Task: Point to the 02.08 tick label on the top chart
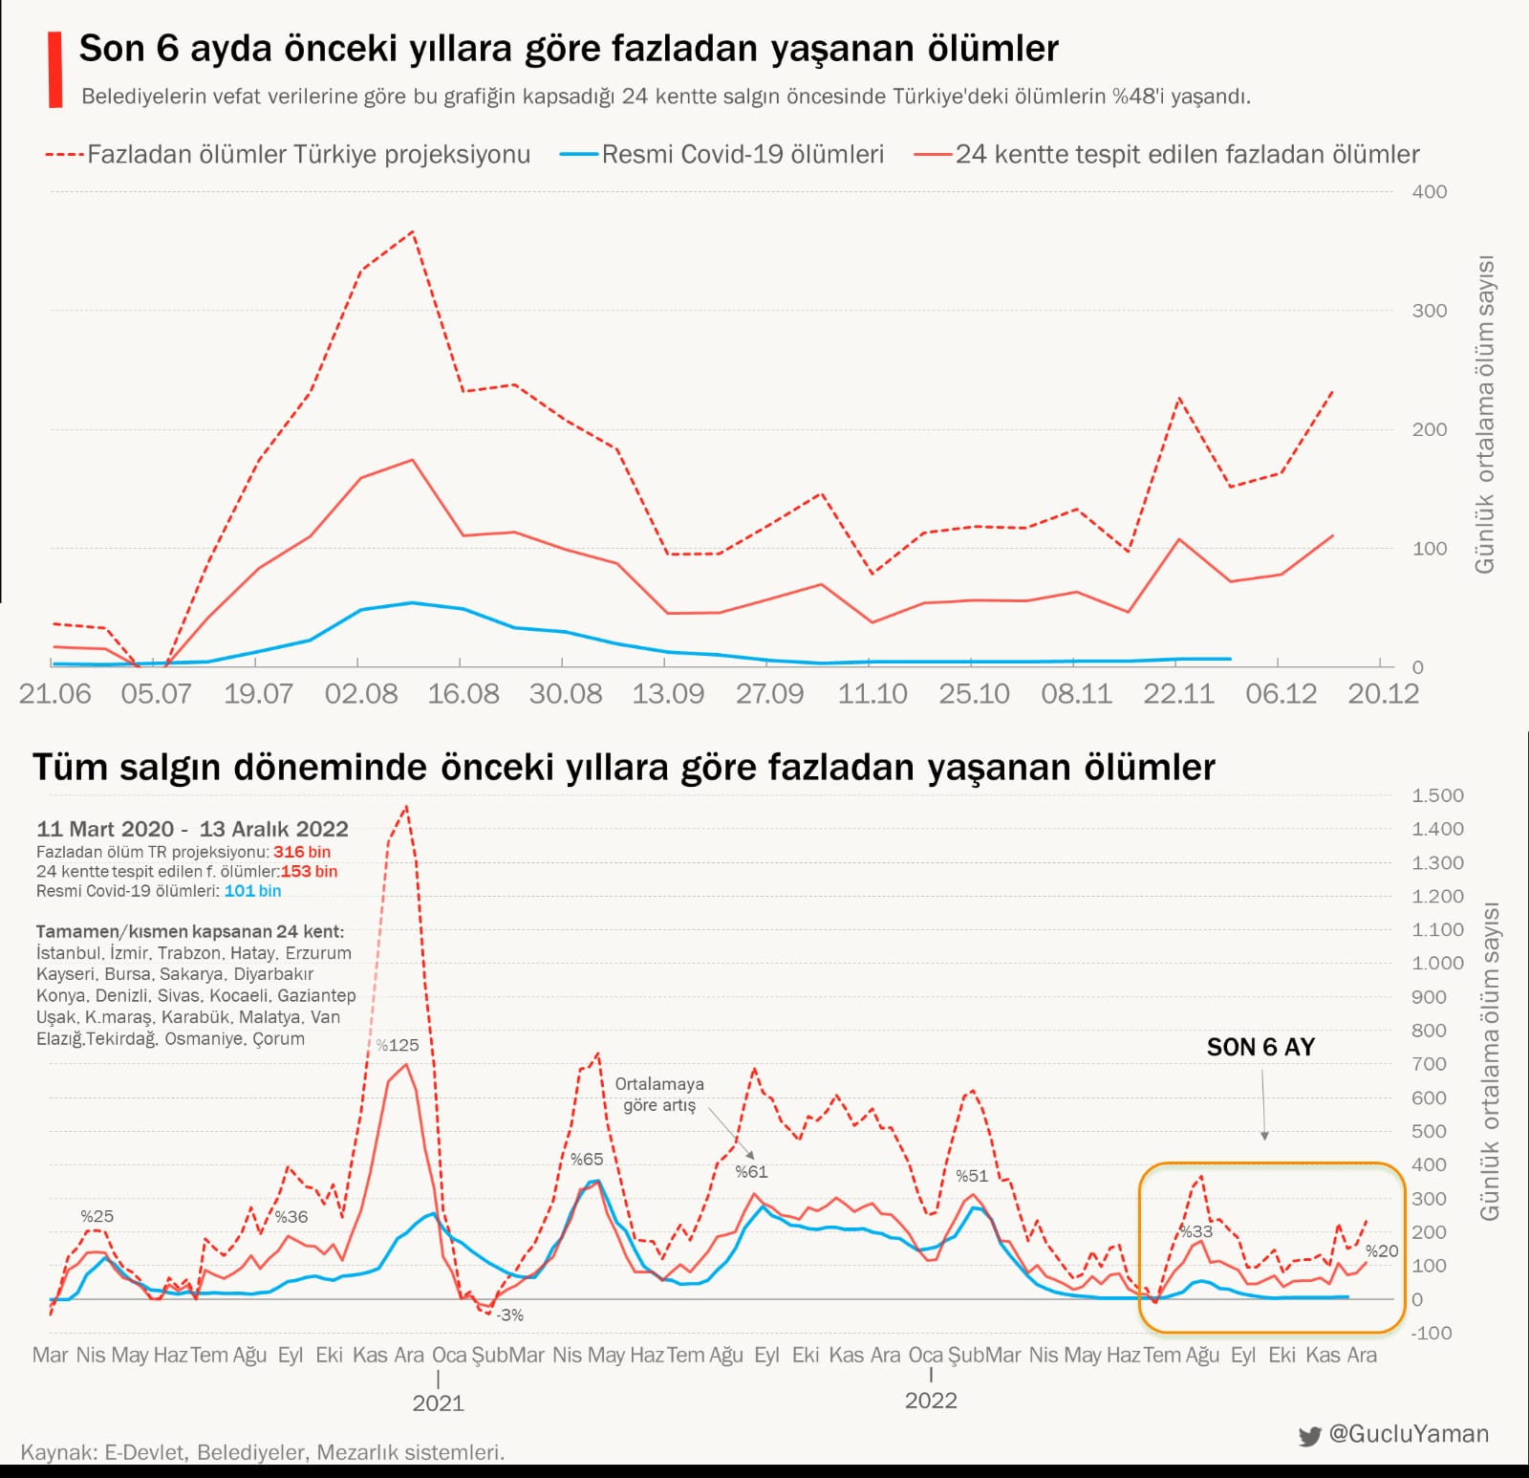click(x=361, y=693)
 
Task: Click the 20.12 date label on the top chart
click(x=1383, y=693)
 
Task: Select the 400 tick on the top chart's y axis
click(x=1430, y=191)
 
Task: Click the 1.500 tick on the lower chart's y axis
click(x=1437, y=795)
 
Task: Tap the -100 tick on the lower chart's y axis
click(x=1432, y=1333)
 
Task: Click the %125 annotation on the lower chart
click(x=397, y=1045)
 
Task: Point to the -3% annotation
click(x=510, y=1315)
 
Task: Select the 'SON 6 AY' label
click(x=1260, y=1047)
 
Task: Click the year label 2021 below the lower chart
click(x=438, y=1402)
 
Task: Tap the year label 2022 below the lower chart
click(x=931, y=1401)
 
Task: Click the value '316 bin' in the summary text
click(x=302, y=852)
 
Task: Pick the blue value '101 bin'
click(x=252, y=891)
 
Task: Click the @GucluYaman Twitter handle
click(x=1409, y=1434)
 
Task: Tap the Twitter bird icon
click(x=1309, y=1436)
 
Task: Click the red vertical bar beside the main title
click(x=55, y=70)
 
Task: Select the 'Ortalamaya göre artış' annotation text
click(x=659, y=1095)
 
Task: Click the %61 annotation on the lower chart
click(x=751, y=1171)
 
